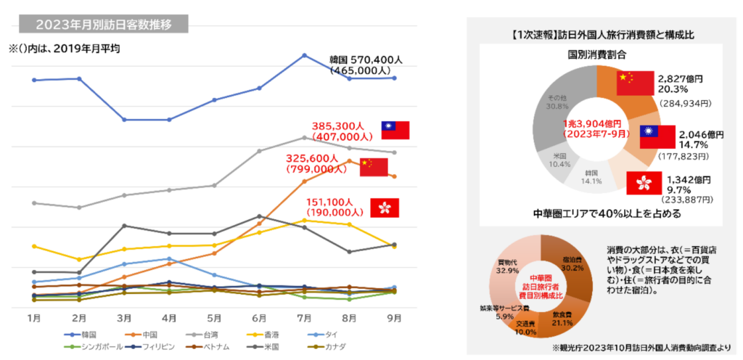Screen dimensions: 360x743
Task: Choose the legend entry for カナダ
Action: [x=348, y=345]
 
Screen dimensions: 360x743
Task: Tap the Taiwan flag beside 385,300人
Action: [x=395, y=130]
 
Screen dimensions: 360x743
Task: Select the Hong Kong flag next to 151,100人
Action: [x=385, y=207]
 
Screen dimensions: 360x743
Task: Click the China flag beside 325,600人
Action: [x=374, y=167]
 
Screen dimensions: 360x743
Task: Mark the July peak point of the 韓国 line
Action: [x=305, y=54]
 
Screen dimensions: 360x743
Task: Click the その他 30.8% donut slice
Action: [x=554, y=101]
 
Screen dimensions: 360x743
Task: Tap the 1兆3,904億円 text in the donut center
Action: [x=596, y=124]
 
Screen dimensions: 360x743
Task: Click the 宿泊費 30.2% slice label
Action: [x=572, y=263]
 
